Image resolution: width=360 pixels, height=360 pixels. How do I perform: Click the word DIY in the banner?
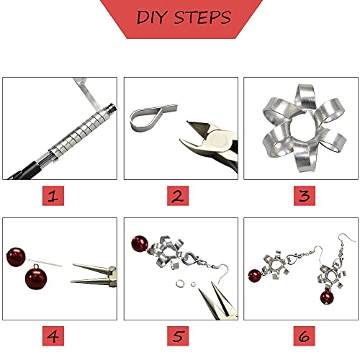[152, 17]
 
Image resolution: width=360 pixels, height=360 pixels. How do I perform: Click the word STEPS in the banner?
[202, 17]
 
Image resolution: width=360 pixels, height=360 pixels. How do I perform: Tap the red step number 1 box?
[53, 196]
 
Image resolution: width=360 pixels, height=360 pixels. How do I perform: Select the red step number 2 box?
[178, 196]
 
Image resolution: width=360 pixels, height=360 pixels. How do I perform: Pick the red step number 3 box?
[305, 196]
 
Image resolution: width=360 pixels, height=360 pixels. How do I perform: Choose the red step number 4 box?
[53, 336]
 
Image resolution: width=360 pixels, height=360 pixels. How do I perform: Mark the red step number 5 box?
[178, 336]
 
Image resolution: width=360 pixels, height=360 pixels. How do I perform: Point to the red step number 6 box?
[305, 336]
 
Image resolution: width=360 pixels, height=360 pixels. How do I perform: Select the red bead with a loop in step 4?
[36, 279]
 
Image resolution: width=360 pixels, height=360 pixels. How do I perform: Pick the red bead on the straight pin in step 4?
[16, 257]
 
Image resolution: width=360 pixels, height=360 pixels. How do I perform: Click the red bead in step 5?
[140, 244]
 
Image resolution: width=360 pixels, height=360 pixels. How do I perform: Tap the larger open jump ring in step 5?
[179, 284]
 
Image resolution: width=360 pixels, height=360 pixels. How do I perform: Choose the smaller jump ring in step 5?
[193, 284]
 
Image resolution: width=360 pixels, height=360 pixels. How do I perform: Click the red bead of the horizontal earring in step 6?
[255, 276]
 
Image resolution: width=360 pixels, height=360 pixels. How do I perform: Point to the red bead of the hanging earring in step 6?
[327, 297]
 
